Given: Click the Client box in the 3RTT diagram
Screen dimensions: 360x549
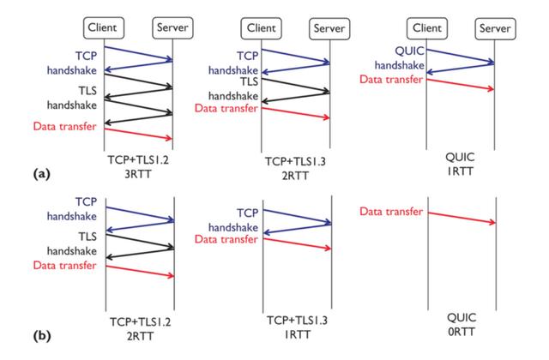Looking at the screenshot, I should pos(106,27).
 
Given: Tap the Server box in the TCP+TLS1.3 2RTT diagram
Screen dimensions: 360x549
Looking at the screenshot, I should pos(330,28).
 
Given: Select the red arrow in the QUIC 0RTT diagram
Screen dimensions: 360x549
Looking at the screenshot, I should pos(461,217).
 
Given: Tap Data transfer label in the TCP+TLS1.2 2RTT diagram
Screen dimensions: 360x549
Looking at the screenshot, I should pos(64,267).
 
